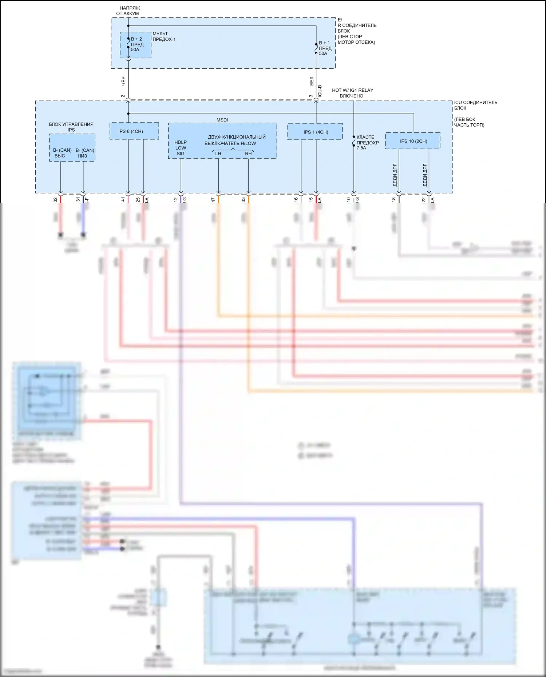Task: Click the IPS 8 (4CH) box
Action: click(134, 131)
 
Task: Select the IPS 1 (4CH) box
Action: click(315, 132)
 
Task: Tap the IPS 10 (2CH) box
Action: click(413, 141)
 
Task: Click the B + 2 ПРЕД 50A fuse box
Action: click(135, 45)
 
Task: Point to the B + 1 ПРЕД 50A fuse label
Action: click(325, 48)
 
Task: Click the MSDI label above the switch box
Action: click(222, 120)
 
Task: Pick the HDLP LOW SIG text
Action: click(181, 148)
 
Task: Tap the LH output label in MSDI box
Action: click(218, 154)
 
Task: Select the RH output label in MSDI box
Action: click(248, 154)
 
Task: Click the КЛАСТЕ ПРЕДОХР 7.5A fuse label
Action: click(367, 143)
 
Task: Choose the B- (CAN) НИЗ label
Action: click(84, 153)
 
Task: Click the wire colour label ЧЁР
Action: click(123, 81)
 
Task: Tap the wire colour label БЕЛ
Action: click(312, 81)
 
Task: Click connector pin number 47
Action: click(213, 199)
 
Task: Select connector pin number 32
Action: click(55, 200)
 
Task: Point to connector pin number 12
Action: click(176, 199)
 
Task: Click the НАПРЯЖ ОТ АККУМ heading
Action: click(128, 11)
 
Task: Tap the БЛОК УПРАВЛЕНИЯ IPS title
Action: click(71, 127)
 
